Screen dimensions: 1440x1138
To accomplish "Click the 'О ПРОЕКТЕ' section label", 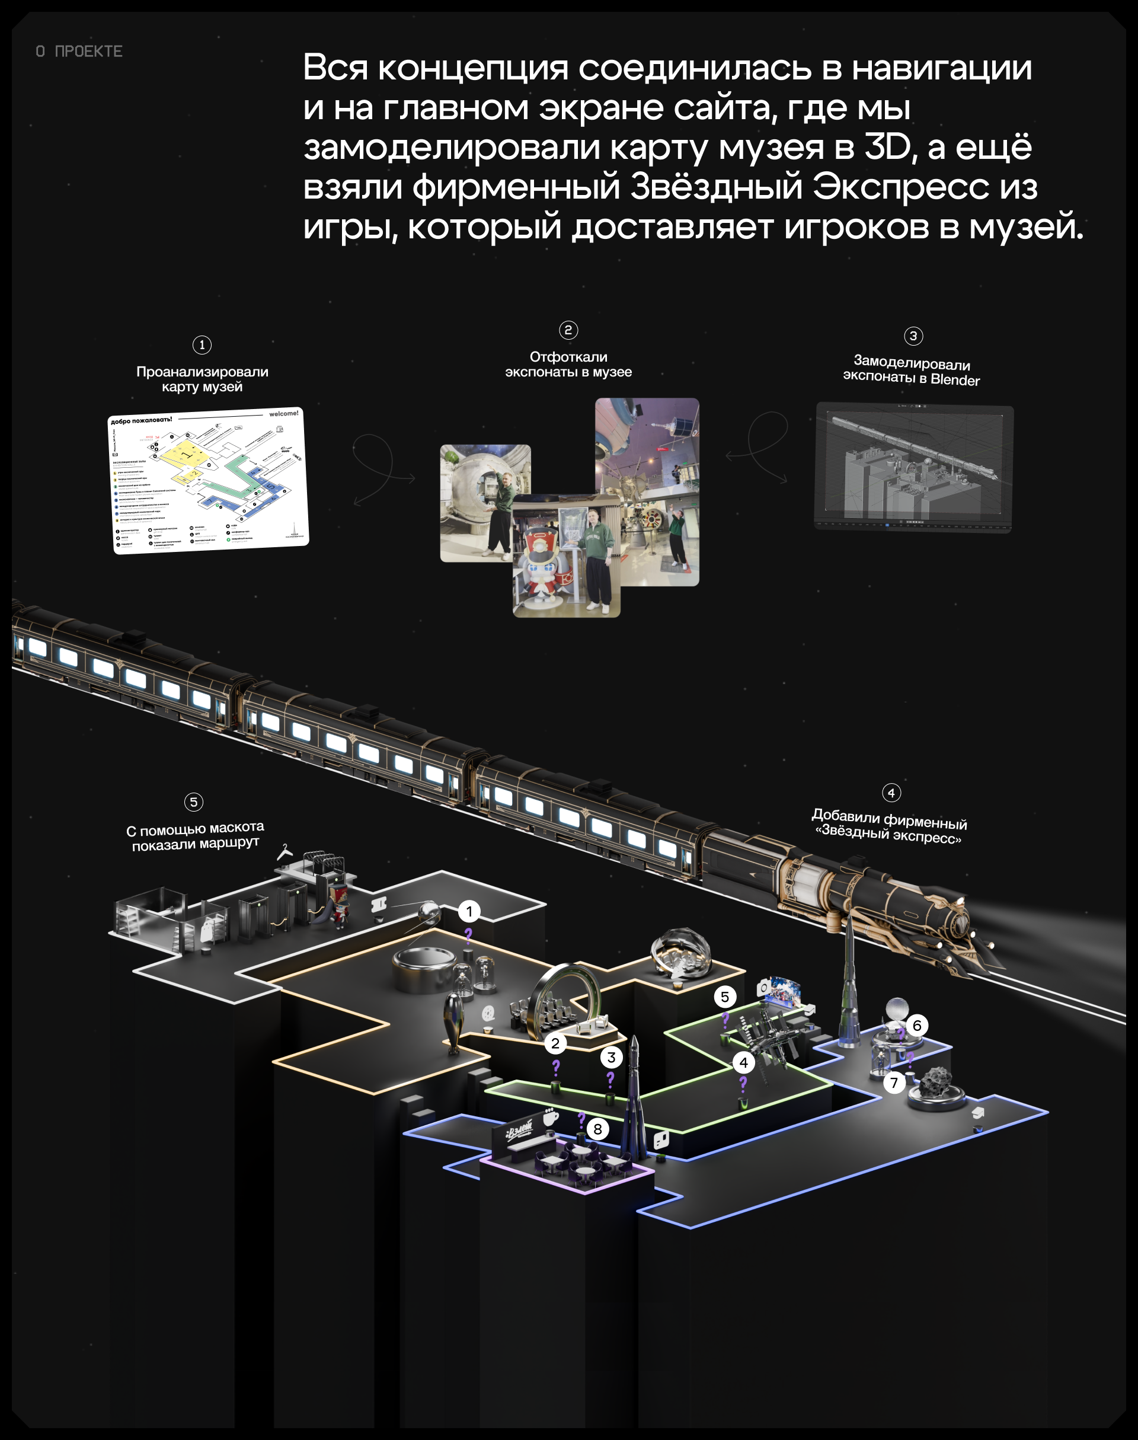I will [79, 52].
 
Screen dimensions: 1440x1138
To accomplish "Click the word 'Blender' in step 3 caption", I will [955, 380].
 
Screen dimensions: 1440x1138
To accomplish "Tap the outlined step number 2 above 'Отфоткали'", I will [568, 330].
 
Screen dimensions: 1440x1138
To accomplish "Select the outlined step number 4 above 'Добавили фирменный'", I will [891, 792].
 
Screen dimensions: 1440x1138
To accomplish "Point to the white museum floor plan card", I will [208, 480].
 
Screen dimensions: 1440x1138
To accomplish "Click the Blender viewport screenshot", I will [913, 467].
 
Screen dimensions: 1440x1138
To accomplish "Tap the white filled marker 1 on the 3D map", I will [469, 911].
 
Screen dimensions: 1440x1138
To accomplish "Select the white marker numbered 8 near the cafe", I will [597, 1129].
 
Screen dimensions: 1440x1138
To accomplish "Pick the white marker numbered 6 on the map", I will [917, 1025].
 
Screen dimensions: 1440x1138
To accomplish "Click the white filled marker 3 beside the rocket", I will [611, 1057].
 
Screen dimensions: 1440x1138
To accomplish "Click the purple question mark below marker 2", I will [556, 1067].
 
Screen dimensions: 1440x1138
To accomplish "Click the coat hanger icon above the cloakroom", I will [285, 851].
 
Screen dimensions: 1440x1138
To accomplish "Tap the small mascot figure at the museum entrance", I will [339, 906].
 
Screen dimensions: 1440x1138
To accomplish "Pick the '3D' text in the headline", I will [887, 146].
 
